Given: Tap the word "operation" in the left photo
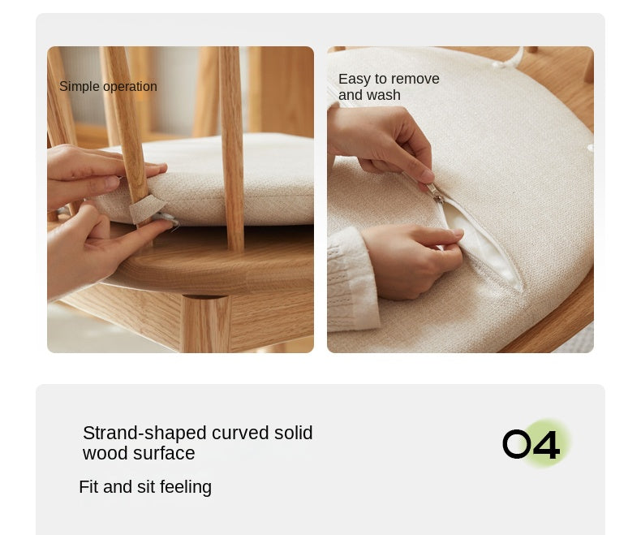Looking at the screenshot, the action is pos(130,87).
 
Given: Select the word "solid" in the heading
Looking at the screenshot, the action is pos(294,433).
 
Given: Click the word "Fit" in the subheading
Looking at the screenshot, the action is pos(88,487).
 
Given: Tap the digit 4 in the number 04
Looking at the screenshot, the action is pos(546,445).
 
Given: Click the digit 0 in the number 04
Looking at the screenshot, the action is pos(517,444).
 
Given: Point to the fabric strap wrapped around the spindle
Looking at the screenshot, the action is pos(146,209).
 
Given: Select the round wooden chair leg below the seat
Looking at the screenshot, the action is pos(205,324).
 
